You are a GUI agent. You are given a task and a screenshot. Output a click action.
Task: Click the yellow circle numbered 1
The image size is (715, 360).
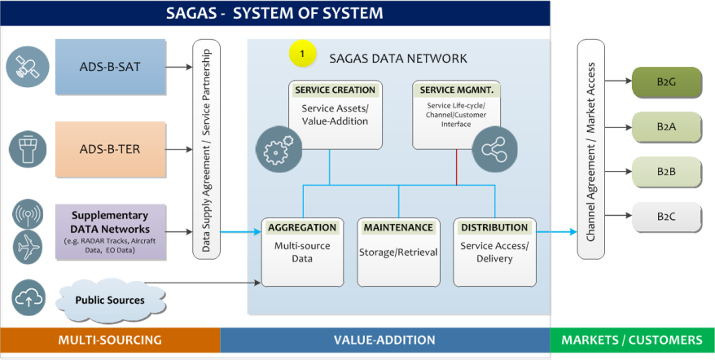click(x=302, y=54)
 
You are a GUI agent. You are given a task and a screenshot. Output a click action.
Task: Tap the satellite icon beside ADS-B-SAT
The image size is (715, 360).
click(x=28, y=67)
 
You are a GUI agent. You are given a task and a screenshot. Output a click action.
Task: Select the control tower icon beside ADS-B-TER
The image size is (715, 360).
click(x=28, y=149)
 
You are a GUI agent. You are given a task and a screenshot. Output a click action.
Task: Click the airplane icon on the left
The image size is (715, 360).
click(x=28, y=248)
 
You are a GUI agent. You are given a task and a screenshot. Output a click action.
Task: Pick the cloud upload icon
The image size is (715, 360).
click(x=29, y=298)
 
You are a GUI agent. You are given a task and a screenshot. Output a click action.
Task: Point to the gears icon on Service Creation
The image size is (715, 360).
click(x=279, y=149)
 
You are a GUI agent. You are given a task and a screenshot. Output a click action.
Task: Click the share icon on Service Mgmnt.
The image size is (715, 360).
click(x=495, y=149)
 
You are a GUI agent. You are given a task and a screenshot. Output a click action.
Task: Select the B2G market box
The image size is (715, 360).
click(x=666, y=82)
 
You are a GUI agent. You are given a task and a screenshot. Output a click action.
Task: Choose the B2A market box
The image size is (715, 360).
click(x=666, y=127)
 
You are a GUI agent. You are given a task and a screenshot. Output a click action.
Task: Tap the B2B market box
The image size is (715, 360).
click(x=666, y=172)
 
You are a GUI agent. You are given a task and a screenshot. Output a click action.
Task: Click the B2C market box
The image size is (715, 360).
click(x=666, y=217)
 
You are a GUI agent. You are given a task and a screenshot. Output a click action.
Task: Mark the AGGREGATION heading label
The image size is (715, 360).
click(x=302, y=227)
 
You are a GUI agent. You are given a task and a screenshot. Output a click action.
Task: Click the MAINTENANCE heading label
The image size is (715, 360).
click(x=398, y=227)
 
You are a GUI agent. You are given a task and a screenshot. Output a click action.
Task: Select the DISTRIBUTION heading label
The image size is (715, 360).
click(x=494, y=227)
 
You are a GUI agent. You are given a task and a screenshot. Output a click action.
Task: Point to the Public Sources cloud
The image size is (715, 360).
click(x=110, y=300)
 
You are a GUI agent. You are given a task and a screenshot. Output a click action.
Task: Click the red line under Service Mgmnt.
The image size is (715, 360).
click(x=457, y=167)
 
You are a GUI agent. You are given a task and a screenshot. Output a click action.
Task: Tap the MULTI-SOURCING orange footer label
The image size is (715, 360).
click(x=110, y=340)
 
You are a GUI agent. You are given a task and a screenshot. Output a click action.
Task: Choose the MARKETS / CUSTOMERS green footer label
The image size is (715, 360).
click(x=632, y=340)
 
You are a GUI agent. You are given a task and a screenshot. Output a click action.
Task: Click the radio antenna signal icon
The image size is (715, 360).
click(x=28, y=214)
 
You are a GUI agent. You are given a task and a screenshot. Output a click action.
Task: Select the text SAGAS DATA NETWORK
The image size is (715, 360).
click(x=398, y=59)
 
